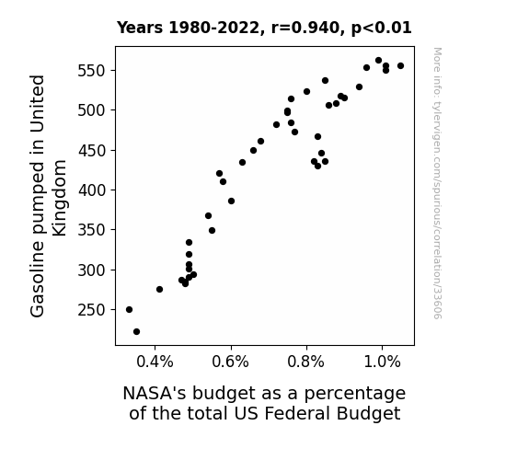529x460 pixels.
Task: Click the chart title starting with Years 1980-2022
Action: click(264, 28)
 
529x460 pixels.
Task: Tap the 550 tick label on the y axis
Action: click(92, 71)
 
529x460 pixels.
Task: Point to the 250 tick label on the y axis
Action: click(92, 310)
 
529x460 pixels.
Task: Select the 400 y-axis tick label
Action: click(92, 190)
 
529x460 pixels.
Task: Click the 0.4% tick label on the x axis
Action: click(155, 362)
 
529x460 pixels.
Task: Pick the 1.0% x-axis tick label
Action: click(382, 362)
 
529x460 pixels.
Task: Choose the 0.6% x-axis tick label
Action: click(230, 362)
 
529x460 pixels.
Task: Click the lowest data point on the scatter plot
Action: click(137, 332)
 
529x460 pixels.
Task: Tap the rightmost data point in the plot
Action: click(400, 66)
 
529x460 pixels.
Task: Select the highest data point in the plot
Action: click(378, 61)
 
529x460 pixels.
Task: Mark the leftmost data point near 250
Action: click(129, 309)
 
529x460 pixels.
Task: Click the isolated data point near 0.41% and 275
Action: click(159, 289)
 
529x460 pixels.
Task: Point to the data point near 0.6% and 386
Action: click(231, 201)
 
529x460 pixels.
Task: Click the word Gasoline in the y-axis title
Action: click(37, 279)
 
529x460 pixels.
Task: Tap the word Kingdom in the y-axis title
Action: click(60, 198)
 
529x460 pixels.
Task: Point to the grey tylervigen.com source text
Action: click(437, 183)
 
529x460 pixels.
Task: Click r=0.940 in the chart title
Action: click(305, 28)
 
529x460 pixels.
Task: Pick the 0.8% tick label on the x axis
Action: click(306, 362)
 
